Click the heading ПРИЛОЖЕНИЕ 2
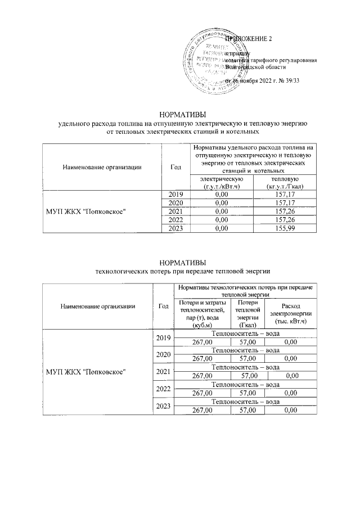248,39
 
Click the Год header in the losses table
163,306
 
